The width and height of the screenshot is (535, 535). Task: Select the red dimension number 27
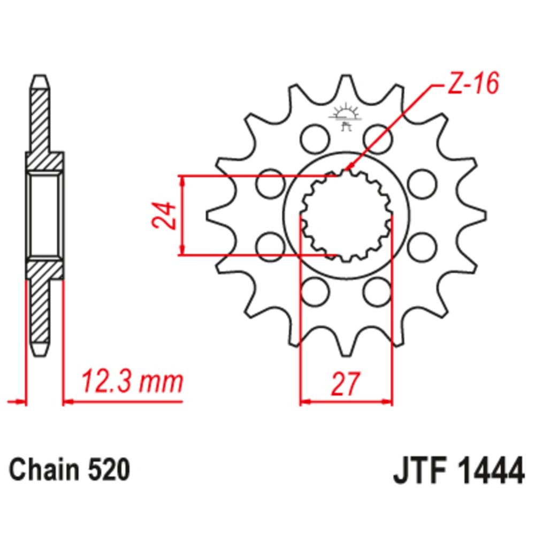click(346, 384)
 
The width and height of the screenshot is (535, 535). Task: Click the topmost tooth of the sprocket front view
click(346, 85)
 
